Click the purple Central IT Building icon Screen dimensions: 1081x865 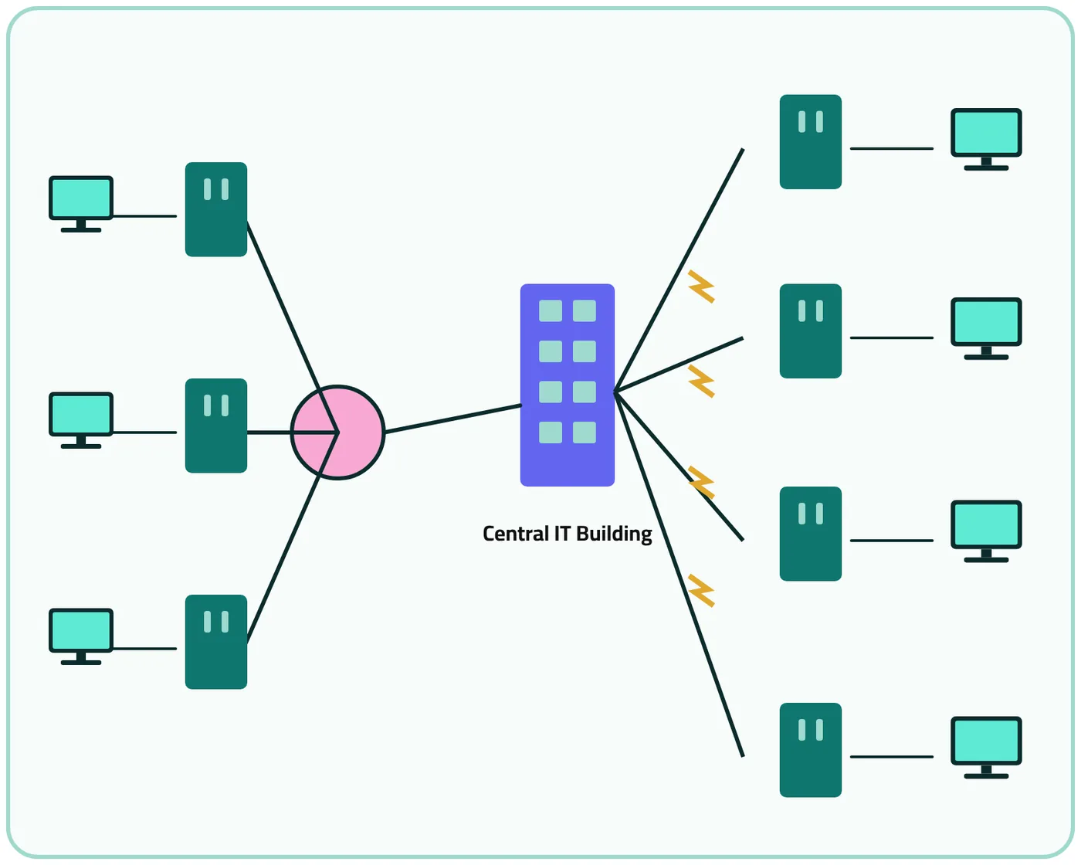[567, 385]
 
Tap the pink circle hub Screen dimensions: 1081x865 [337, 432]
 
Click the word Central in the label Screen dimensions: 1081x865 [515, 533]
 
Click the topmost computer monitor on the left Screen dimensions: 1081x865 [81, 204]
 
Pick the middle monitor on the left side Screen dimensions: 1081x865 [81, 420]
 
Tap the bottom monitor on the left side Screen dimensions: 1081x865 [81, 636]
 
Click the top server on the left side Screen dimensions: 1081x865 [216, 209]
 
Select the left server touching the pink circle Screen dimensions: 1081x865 [216, 426]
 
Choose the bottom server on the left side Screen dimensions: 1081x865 [216, 642]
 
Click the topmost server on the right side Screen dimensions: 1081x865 [810, 142]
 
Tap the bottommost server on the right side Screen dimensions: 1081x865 [810, 750]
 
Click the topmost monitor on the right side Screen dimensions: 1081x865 [986, 139]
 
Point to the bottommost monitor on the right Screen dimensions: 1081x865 [986, 748]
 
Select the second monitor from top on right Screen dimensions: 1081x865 [986, 328]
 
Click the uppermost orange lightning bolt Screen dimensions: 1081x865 [701, 287]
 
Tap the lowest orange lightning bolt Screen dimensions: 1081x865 [701, 591]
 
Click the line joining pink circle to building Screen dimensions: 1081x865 [453, 419]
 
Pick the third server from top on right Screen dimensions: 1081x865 [810, 534]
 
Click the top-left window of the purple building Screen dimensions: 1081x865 [550, 310]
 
